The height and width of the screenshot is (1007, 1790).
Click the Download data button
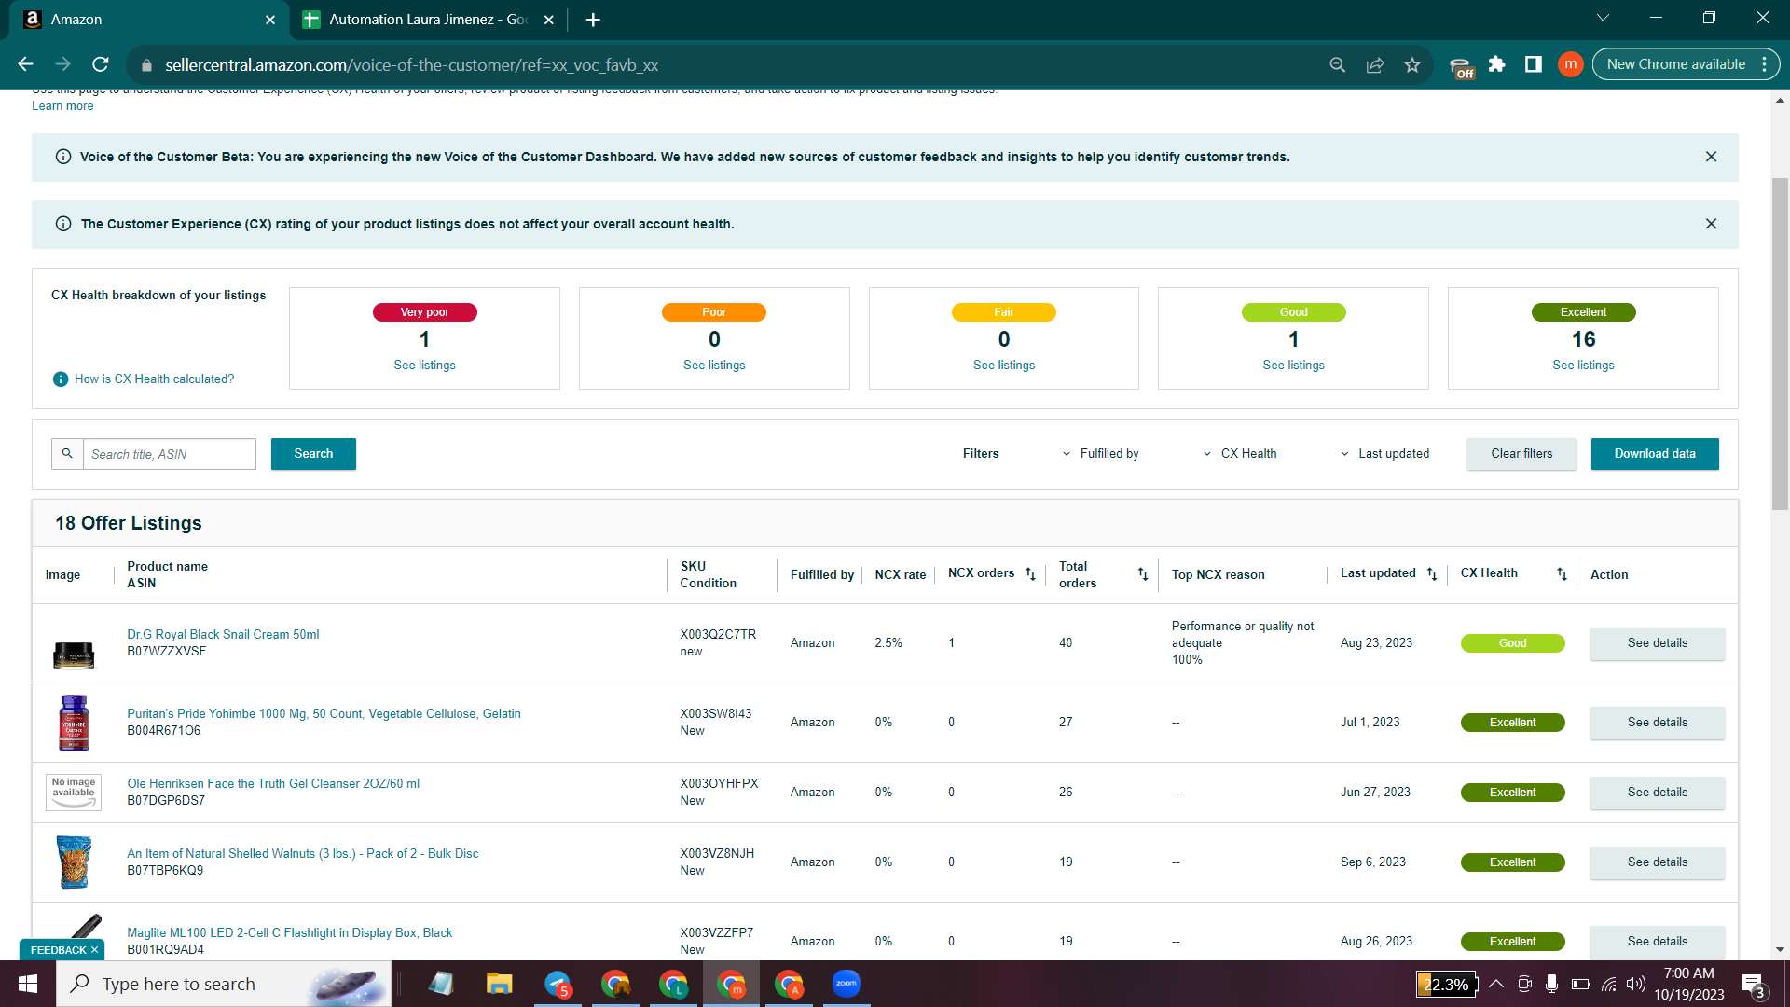coord(1655,454)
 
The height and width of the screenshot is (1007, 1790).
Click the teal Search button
coord(313,454)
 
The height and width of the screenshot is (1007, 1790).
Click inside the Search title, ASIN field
coord(170,454)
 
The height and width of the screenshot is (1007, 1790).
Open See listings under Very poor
coord(424,366)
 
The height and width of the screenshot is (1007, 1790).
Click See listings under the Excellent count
coord(1583,366)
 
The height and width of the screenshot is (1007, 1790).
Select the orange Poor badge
coord(714,312)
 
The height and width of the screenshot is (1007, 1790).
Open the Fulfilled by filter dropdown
coord(1100,454)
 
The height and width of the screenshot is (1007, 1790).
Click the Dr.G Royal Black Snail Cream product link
coord(223,635)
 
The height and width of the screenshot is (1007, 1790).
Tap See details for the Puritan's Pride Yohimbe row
coord(1658,723)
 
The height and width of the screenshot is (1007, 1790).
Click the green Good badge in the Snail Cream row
coord(1512,643)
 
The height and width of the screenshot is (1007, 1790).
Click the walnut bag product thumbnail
coord(74,862)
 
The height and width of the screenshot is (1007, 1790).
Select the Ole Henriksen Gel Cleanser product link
coord(273,784)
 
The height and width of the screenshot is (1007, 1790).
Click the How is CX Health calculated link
coord(155,379)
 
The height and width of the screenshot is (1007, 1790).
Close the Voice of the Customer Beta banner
coord(1711,157)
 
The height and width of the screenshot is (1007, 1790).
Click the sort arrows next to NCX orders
coord(1030,574)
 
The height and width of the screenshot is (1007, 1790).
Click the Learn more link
coord(62,106)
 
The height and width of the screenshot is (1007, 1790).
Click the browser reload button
coord(101,64)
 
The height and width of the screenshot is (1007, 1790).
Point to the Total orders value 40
coord(1066,643)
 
